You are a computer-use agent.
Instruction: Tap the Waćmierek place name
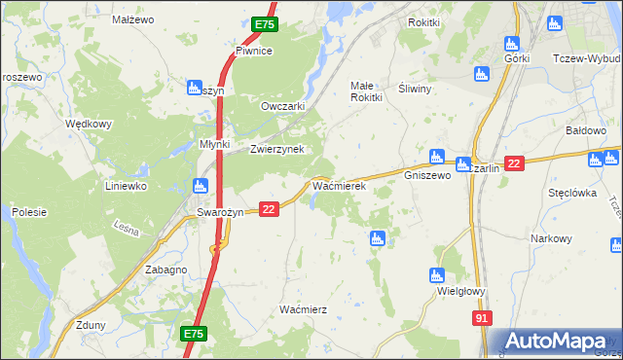(338, 185)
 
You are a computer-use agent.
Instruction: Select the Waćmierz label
(303, 309)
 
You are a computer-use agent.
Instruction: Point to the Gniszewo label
(427, 176)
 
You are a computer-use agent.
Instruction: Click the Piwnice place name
(253, 51)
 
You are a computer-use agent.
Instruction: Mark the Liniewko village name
(126, 185)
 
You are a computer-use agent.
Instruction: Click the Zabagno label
(165, 270)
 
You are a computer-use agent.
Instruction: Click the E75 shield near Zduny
(193, 334)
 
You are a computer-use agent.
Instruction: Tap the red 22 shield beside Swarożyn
(270, 208)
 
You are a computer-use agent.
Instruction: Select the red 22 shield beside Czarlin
(515, 163)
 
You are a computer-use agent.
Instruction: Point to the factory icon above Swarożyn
(201, 185)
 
